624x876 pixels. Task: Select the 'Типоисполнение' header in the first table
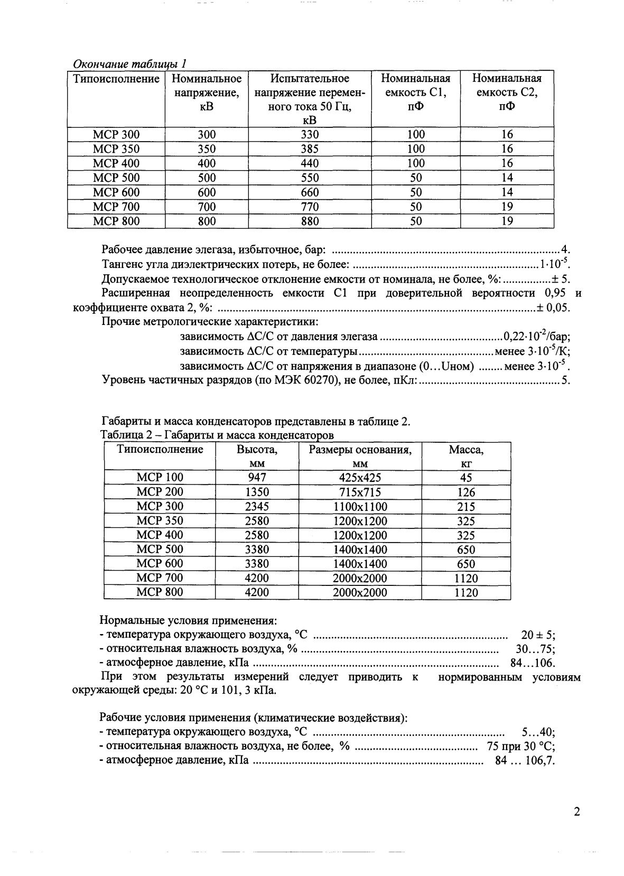click(x=116, y=79)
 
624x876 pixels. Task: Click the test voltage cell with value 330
click(x=310, y=135)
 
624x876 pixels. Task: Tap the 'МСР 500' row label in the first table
click(x=116, y=178)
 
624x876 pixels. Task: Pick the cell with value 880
click(x=310, y=221)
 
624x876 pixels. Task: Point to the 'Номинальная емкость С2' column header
click(x=507, y=92)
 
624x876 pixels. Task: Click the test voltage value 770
click(x=310, y=207)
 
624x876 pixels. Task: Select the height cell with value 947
click(x=257, y=478)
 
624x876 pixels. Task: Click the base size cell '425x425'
click(x=360, y=478)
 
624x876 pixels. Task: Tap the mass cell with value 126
click(x=466, y=492)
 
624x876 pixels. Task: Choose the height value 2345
click(x=257, y=507)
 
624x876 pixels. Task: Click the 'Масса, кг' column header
click(x=466, y=456)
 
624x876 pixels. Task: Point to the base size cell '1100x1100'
click(x=360, y=507)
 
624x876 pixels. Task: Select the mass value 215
click(x=466, y=507)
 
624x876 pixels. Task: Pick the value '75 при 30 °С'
click(x=520, y=747)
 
